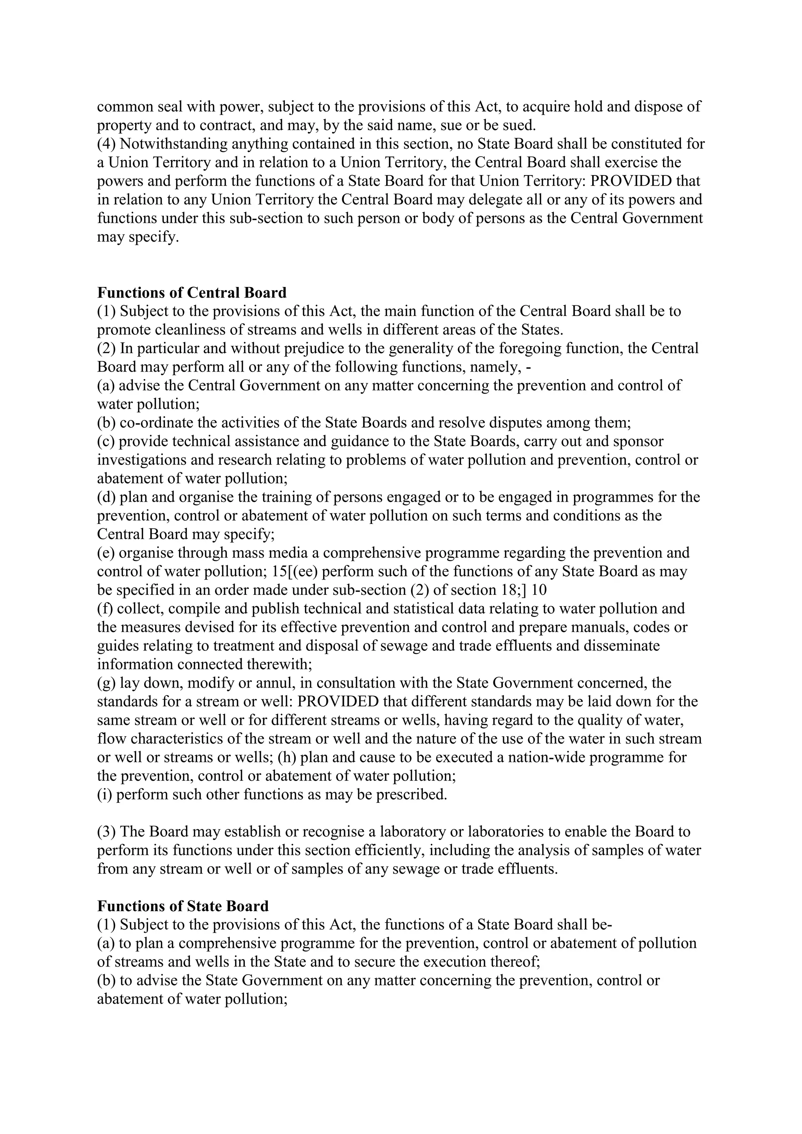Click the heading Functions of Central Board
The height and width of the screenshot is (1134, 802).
pos(191,293)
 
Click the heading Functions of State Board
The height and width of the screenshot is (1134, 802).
pos(183,906)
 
